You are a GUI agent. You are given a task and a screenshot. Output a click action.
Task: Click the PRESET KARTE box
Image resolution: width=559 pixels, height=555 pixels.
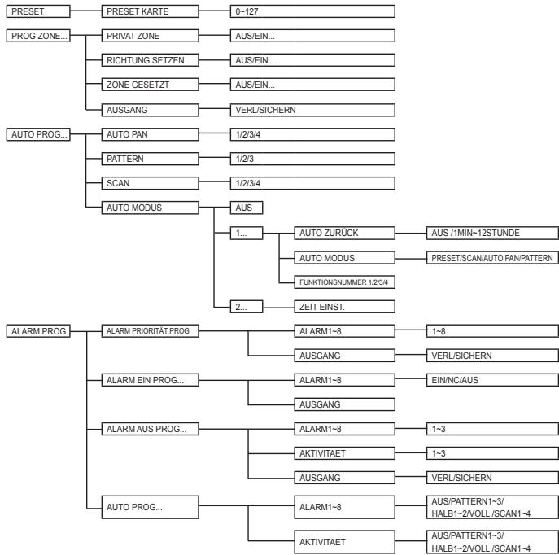(150, 11)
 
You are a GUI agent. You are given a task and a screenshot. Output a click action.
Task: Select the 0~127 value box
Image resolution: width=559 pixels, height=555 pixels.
(312, 11)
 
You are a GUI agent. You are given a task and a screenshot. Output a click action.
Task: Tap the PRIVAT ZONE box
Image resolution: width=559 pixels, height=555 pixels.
(150, 36)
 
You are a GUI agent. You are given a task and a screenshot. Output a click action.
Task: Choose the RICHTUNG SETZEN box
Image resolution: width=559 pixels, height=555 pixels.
(150, 60)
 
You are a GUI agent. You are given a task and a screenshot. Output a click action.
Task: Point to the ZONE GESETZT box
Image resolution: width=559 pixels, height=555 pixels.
(150, 85)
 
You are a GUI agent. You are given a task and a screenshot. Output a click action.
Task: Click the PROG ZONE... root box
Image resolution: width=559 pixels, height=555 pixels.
(38, 36)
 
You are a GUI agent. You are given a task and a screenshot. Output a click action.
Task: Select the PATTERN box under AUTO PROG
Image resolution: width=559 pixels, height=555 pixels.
(150, 159)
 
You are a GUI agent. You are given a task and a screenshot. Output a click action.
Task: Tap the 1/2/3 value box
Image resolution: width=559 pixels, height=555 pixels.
(312, 159)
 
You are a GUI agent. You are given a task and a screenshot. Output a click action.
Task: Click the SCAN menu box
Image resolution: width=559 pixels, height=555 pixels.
(150, 183)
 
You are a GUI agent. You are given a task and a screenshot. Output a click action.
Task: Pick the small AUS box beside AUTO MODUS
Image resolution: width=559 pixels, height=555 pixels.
(247, 208)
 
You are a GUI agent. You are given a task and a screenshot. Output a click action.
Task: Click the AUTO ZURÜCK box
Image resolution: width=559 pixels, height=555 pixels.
(345, 233)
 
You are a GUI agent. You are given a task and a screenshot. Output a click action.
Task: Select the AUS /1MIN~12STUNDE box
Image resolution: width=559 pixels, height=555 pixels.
(493, 233)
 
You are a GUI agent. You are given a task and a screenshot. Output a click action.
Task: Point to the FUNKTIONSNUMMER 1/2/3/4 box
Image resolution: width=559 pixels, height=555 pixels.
(345, 282)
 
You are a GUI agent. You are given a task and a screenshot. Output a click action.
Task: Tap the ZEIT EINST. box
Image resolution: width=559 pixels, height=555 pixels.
(345, 307)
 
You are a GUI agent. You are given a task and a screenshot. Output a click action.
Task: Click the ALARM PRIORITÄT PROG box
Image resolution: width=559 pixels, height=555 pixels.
(150, 331)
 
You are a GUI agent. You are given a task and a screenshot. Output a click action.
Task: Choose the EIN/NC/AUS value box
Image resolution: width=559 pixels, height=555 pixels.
(493, 380)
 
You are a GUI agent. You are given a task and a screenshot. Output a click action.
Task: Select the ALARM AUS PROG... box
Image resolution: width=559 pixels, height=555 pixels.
(150, 429)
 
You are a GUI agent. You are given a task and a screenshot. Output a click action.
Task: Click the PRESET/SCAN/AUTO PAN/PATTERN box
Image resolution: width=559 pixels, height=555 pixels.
(493, 258)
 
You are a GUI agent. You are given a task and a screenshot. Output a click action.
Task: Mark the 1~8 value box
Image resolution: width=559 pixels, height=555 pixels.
(493, 331)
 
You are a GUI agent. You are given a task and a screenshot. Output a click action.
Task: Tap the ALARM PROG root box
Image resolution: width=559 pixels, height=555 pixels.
(38, 331)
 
